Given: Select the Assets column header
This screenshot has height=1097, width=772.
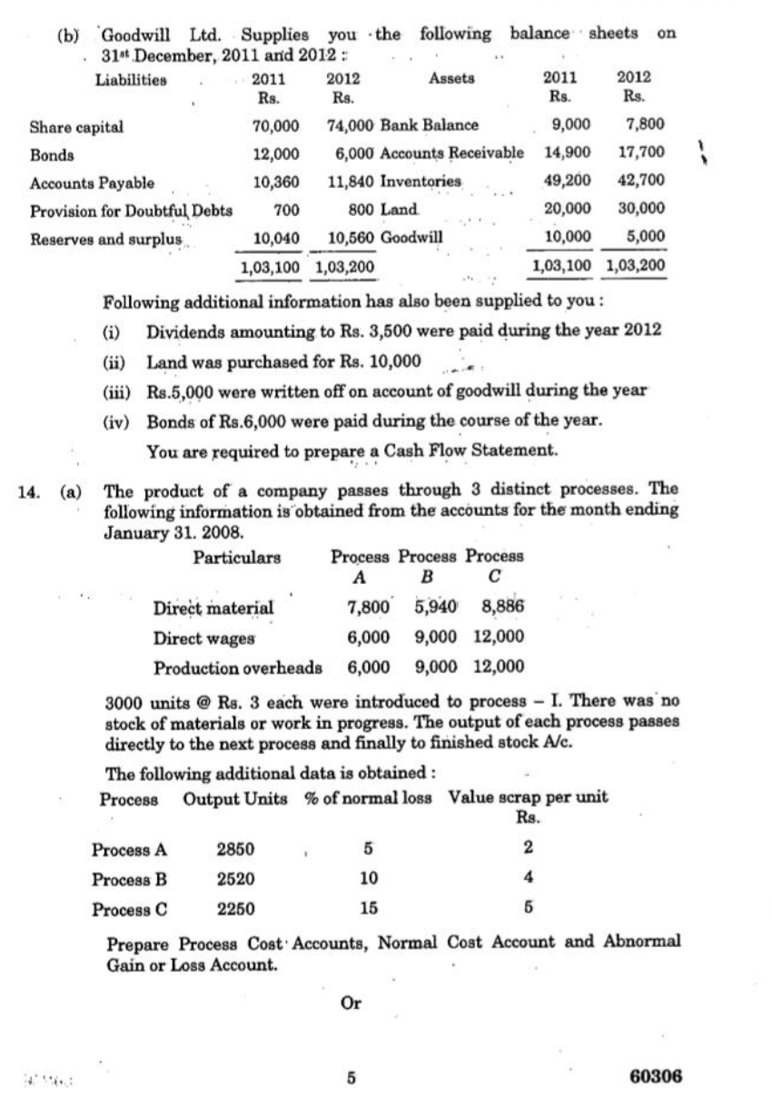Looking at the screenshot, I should (451, 79).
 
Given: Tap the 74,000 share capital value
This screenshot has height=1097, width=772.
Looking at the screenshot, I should (347, 126).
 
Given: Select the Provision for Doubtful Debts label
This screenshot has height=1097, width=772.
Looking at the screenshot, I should (131, 211).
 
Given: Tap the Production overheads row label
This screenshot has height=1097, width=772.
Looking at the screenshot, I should (238, 667).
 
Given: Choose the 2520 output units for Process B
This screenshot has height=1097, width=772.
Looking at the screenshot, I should (235, 879).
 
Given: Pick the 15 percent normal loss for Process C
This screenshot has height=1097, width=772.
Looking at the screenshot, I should (369, 907).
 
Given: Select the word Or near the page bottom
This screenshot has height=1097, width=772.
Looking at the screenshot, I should (350, 1003).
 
